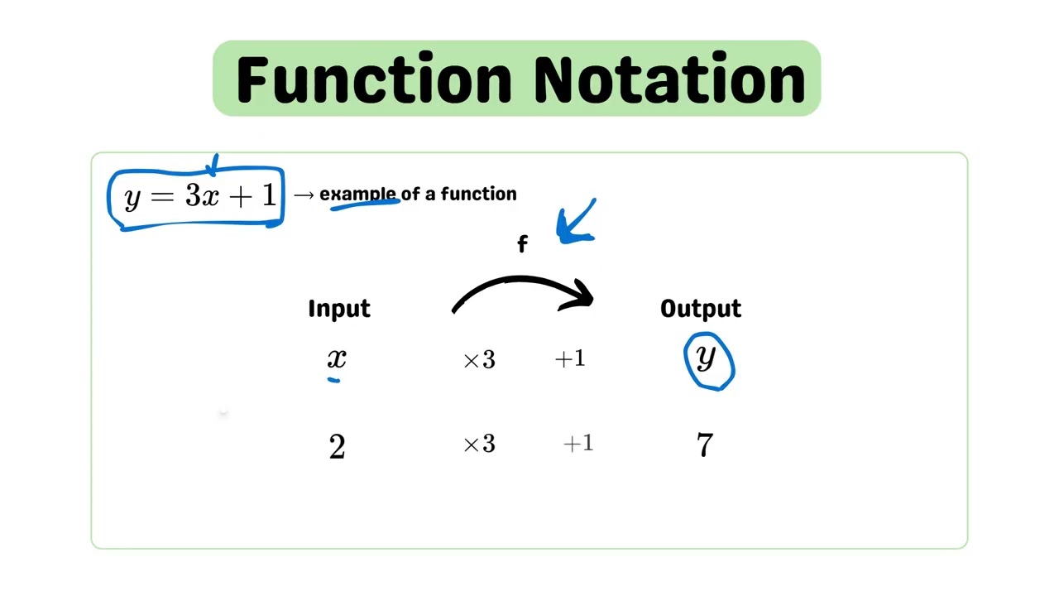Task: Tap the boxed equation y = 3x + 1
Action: [199, 197]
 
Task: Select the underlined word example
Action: [357, 194]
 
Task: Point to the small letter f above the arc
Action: [522, 244]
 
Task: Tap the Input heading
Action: [339, 309]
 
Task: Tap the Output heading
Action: [701, 309]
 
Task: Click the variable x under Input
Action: [337, 358]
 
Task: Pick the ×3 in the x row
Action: [479, 360]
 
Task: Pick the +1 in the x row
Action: [570, 358]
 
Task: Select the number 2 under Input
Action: [337, 447]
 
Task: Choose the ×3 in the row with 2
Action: [479, 445]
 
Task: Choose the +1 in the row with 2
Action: [578, 444]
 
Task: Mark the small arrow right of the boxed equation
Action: [304, 195]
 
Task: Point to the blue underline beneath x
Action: [333, 380]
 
